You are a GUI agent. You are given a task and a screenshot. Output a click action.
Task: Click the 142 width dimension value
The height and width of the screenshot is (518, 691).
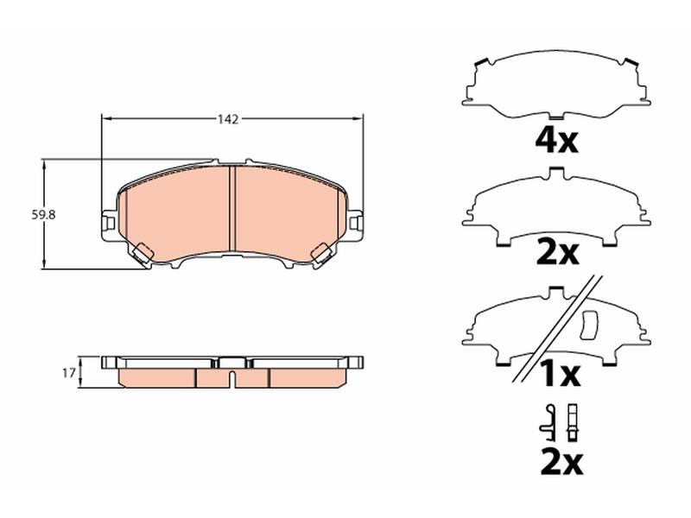coord(228,119)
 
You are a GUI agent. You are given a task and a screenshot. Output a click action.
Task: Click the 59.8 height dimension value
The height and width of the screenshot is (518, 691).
coord(43,215)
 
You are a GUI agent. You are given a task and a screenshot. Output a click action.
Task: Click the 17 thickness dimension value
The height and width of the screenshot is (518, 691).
coord(68,373)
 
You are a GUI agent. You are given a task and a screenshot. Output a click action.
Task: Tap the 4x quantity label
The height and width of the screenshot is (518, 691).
coord(556,140)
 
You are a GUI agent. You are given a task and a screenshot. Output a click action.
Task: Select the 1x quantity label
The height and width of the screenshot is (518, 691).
coord(561,374)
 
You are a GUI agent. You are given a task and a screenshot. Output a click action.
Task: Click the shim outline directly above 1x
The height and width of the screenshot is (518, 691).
coord(556,326)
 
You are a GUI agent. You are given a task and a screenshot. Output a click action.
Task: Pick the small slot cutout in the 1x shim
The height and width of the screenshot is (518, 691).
coord(590,325)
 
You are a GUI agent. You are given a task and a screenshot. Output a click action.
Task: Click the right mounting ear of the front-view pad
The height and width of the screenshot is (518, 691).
coord(356,223)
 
